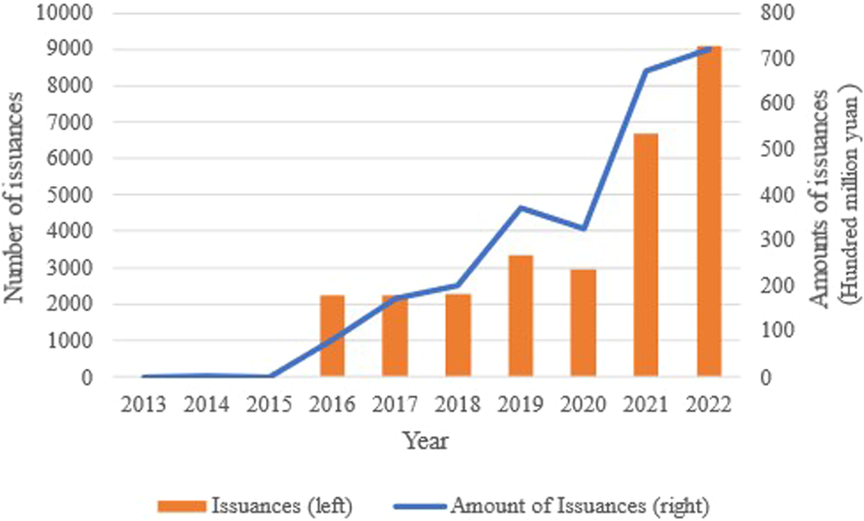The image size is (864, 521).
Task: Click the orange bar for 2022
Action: click(x=709, y=212)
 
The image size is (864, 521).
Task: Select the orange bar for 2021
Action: click(x=646, y=255)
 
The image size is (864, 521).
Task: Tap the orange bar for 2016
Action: click(x=332, y=336)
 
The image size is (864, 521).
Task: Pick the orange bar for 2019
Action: click(x=520, y=316)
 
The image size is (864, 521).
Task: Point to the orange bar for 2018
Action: click(x=458, y=335)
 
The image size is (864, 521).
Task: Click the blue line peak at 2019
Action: click(x=520, y=207)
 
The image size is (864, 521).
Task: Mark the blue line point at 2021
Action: click(x=646, y=70)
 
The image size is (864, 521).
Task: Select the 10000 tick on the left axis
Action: click(x=65, y=13)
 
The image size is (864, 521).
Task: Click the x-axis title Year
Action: click(x=425, y=441)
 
